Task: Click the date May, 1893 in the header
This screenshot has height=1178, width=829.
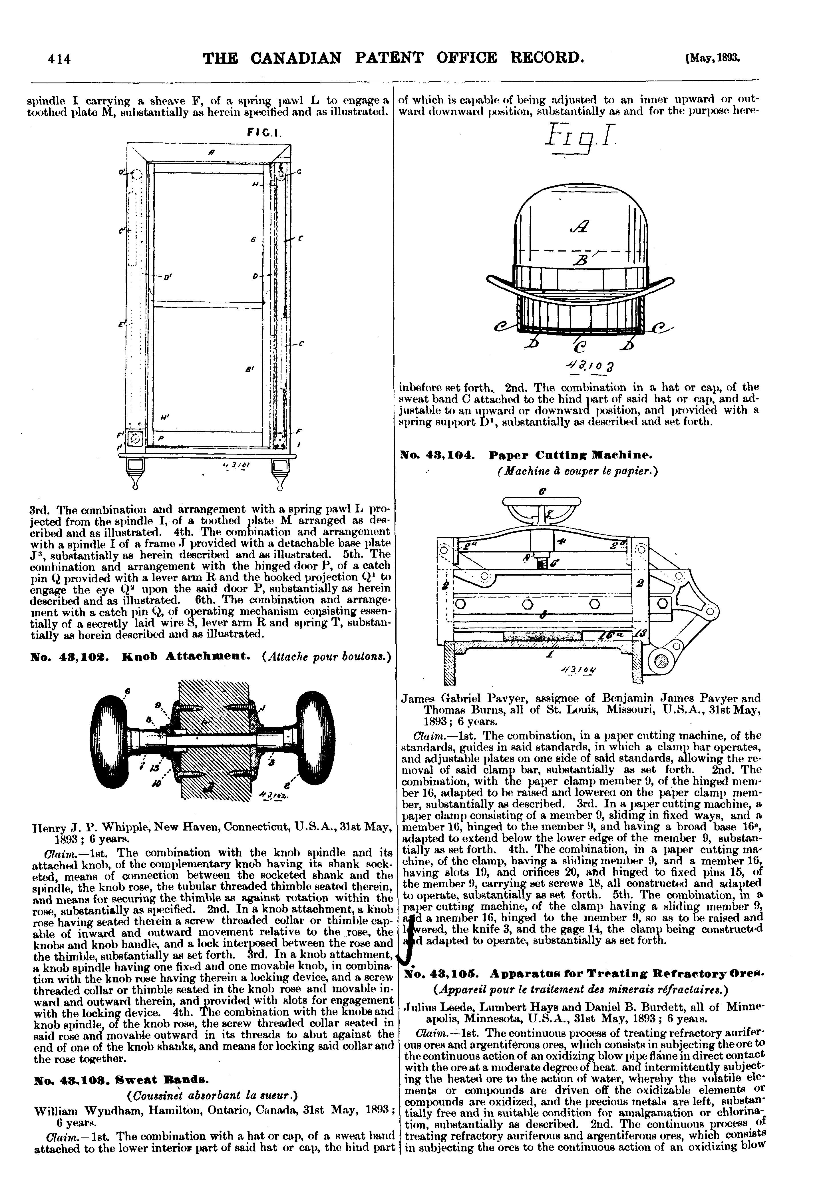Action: [714, 58]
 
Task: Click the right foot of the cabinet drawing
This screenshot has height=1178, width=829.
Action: [279, 473]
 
